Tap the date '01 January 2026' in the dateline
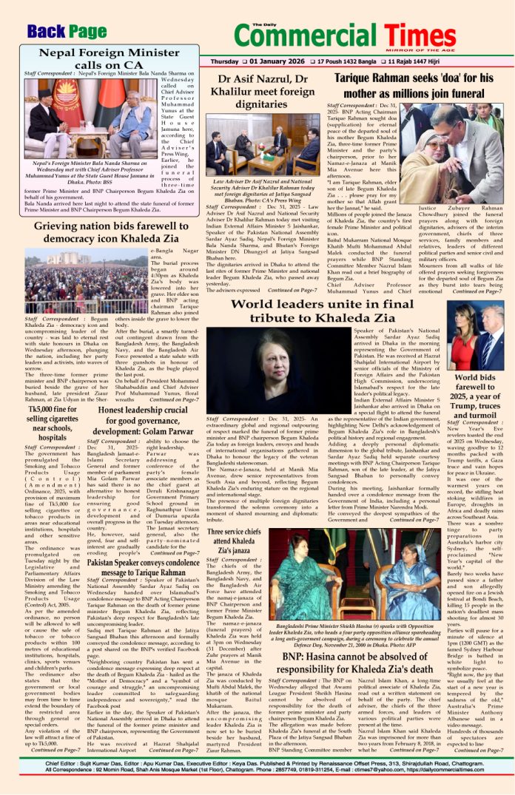[x=285, y=61]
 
